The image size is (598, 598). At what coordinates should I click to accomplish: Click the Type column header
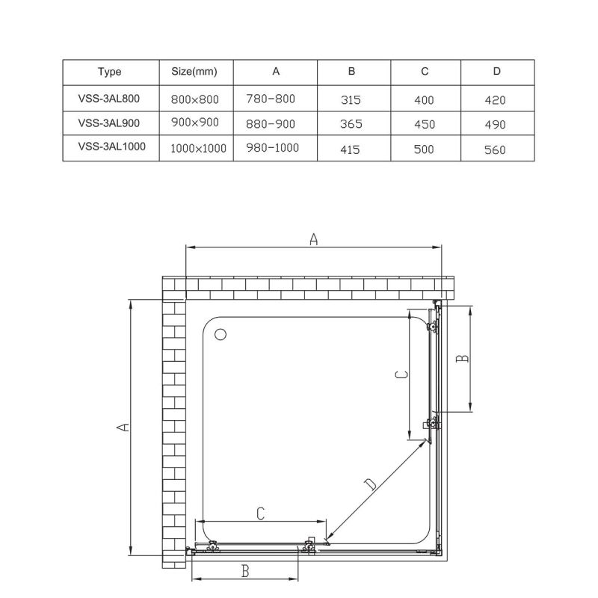click(109, 72)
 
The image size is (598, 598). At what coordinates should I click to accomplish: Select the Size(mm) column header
click(194, 72)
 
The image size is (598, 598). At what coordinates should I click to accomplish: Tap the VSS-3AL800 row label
click(109, 97)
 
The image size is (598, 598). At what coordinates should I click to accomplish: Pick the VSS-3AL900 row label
click(109, 123)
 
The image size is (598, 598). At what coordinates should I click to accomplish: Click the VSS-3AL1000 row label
click(110, 147)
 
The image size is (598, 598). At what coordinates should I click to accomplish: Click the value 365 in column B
click(350, 124)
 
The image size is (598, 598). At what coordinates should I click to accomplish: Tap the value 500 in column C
click(424, 149)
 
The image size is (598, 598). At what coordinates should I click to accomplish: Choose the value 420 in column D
click(495, 99)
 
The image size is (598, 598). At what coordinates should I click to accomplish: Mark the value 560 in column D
click(495, 149)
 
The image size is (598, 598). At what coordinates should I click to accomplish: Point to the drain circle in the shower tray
click(221, 334)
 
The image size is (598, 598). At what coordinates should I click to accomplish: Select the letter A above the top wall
click(314, 239)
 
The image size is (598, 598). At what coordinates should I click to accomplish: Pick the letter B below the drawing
click(245, 572)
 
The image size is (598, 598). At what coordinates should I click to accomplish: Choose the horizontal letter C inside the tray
click(260, 514)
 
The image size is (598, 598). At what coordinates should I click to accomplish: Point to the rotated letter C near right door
click(401, 374)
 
